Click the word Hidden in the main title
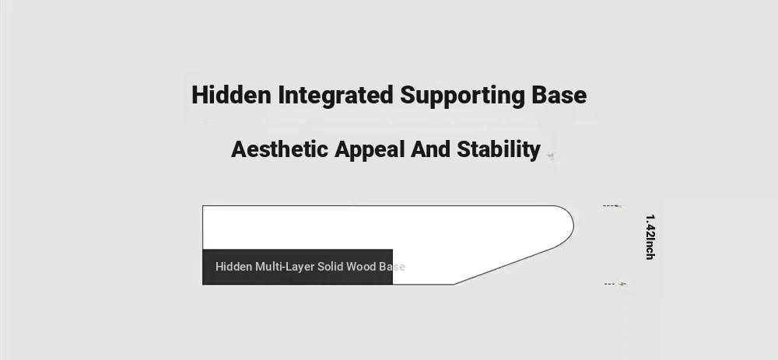(x=231, y=95)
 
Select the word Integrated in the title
(x=335, y=95)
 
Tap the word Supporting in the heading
(x=462, y=96)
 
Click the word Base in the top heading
(x=559, y=95)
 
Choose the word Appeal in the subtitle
(x=369, y=150)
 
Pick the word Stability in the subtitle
(x=499, y=150)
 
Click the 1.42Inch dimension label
(x=650, y=237)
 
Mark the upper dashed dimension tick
(x=613, y=206)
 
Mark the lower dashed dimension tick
(x=615, y=284)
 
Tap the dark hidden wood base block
(x=298, y=267)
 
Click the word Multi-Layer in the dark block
(x=285, y=267)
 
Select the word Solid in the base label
(x=331, y=267)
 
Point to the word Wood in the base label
(x=361, y=267)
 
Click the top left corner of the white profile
(x=203, y=206)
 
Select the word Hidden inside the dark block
(x=233, y=267)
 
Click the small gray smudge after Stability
(x=550, y=157)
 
